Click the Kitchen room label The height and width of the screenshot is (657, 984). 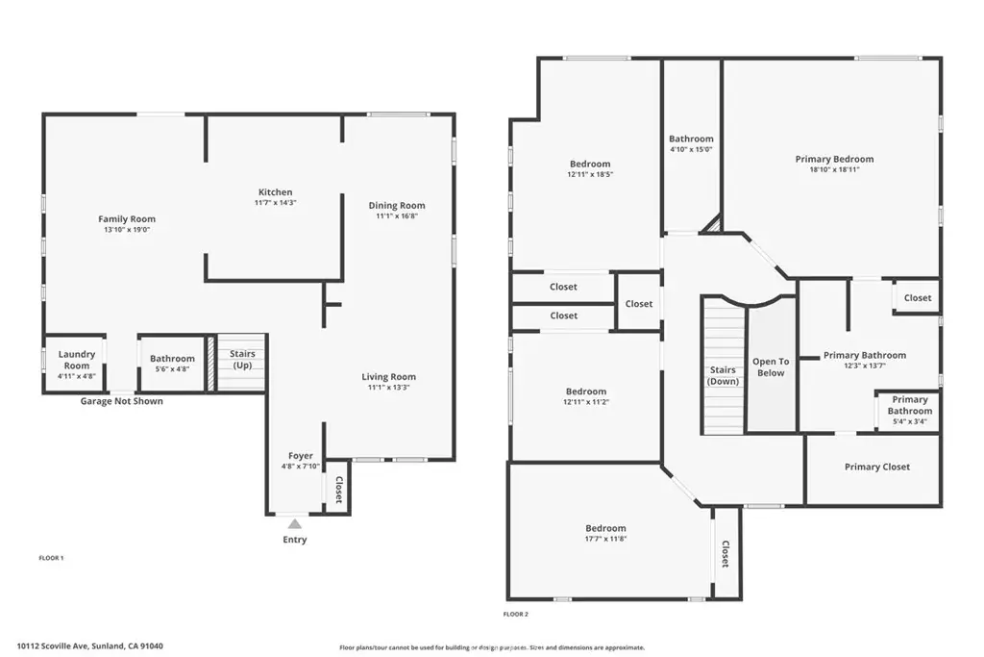coord(276,192)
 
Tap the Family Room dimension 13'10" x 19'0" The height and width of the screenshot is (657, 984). coord(127,230)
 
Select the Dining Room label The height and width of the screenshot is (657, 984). coord(397,206)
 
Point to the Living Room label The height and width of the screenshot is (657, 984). coord(388,377)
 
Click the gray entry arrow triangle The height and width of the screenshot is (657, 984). coord(295,524)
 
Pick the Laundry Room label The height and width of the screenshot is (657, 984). coord(77,360)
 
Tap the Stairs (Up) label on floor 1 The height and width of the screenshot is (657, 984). coord(242,359)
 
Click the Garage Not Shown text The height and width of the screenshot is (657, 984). coord(122,401)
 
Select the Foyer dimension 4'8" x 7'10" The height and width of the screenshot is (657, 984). coord(301,466)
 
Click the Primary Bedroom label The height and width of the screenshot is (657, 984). coord(835,159)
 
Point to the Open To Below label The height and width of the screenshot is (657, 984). coord(771,367)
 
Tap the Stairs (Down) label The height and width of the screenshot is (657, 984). coord(723,375)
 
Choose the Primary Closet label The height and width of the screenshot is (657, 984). coord(877,467)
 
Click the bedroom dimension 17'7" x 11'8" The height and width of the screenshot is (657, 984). coord(605,539)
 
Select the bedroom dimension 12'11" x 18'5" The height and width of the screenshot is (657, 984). coord(590,174)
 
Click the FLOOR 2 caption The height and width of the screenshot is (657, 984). coord(516,615)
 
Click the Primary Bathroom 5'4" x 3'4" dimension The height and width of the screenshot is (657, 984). coord(910,421)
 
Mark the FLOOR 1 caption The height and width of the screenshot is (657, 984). coord(52,558)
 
